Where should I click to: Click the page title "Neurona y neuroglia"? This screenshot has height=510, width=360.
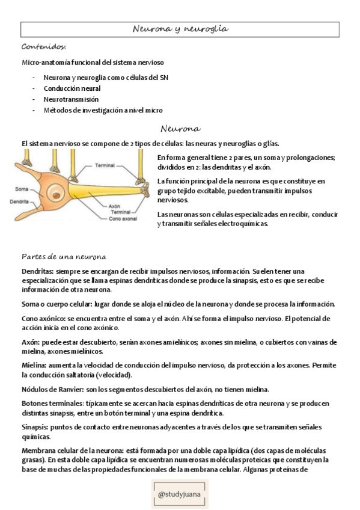click(x=180, y=29)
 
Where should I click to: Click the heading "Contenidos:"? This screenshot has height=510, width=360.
click(x=43, y=47)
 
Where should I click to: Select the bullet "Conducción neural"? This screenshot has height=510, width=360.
click(x=72, y=88)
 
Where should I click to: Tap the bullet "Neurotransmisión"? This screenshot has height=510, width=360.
click(x=71, y=99)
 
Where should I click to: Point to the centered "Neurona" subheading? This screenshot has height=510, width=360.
click(x=180, y=129)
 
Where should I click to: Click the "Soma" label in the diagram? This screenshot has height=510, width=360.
click(x=22, y=189)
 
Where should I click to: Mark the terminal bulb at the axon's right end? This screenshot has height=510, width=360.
click(x=142, y=180)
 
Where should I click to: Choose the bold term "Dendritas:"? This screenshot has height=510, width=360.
click(x=37, y=271)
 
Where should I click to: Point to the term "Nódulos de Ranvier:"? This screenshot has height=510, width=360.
click(x=57, y=389)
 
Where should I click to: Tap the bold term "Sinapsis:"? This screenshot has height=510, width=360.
click(x=35, y=426)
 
